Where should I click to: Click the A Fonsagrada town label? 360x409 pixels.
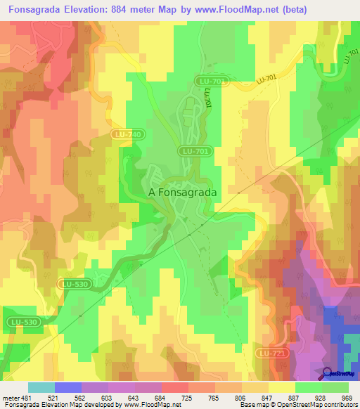182,191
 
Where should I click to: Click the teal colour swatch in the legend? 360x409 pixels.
41,388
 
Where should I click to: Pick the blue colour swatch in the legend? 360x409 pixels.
68,388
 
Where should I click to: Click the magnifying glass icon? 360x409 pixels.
328,372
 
